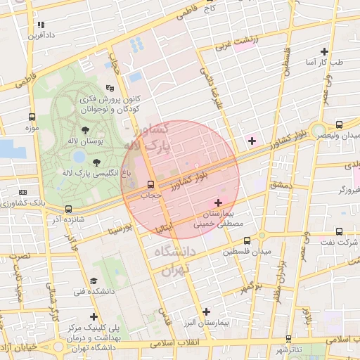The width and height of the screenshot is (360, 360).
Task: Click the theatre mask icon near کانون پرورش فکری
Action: click(109, 88)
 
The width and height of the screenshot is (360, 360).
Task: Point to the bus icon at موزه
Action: click(31, 117)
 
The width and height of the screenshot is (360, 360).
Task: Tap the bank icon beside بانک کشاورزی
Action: click(23, 191)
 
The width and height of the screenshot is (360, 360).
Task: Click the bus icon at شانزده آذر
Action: click(68, 209)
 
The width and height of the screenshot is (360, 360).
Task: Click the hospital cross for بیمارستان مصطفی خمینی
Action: click(218, 202)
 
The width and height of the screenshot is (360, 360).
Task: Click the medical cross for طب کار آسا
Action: click(323, 51)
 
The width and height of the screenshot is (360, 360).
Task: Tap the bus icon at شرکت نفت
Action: click(340, 231)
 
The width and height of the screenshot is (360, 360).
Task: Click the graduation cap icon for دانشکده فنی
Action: click(94, 281)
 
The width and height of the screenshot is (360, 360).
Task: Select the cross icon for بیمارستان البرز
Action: click(206, 311)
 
